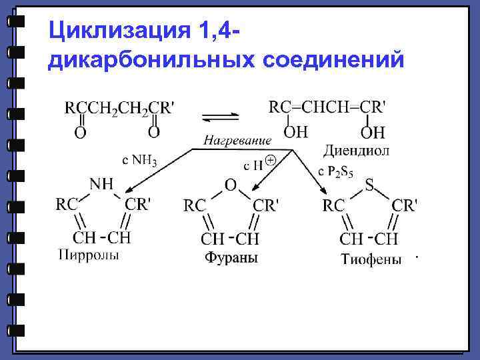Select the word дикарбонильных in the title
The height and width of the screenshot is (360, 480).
pos(151,61)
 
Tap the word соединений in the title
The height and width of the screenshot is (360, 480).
pos(334,61)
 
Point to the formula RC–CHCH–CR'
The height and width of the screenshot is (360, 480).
pos(327,107)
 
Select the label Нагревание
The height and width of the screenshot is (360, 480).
pos(237,141)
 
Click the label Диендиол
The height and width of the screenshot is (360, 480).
pos(356,151)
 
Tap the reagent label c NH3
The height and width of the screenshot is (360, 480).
pos(139,160)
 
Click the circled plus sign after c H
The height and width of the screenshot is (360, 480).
pos(271,161)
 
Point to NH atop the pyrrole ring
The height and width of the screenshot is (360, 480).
pos(101,182)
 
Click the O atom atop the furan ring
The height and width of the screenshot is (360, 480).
pos(231,185)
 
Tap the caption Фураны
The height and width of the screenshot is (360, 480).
pos(231,257)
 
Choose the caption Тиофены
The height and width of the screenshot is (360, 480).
pos(371,259)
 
